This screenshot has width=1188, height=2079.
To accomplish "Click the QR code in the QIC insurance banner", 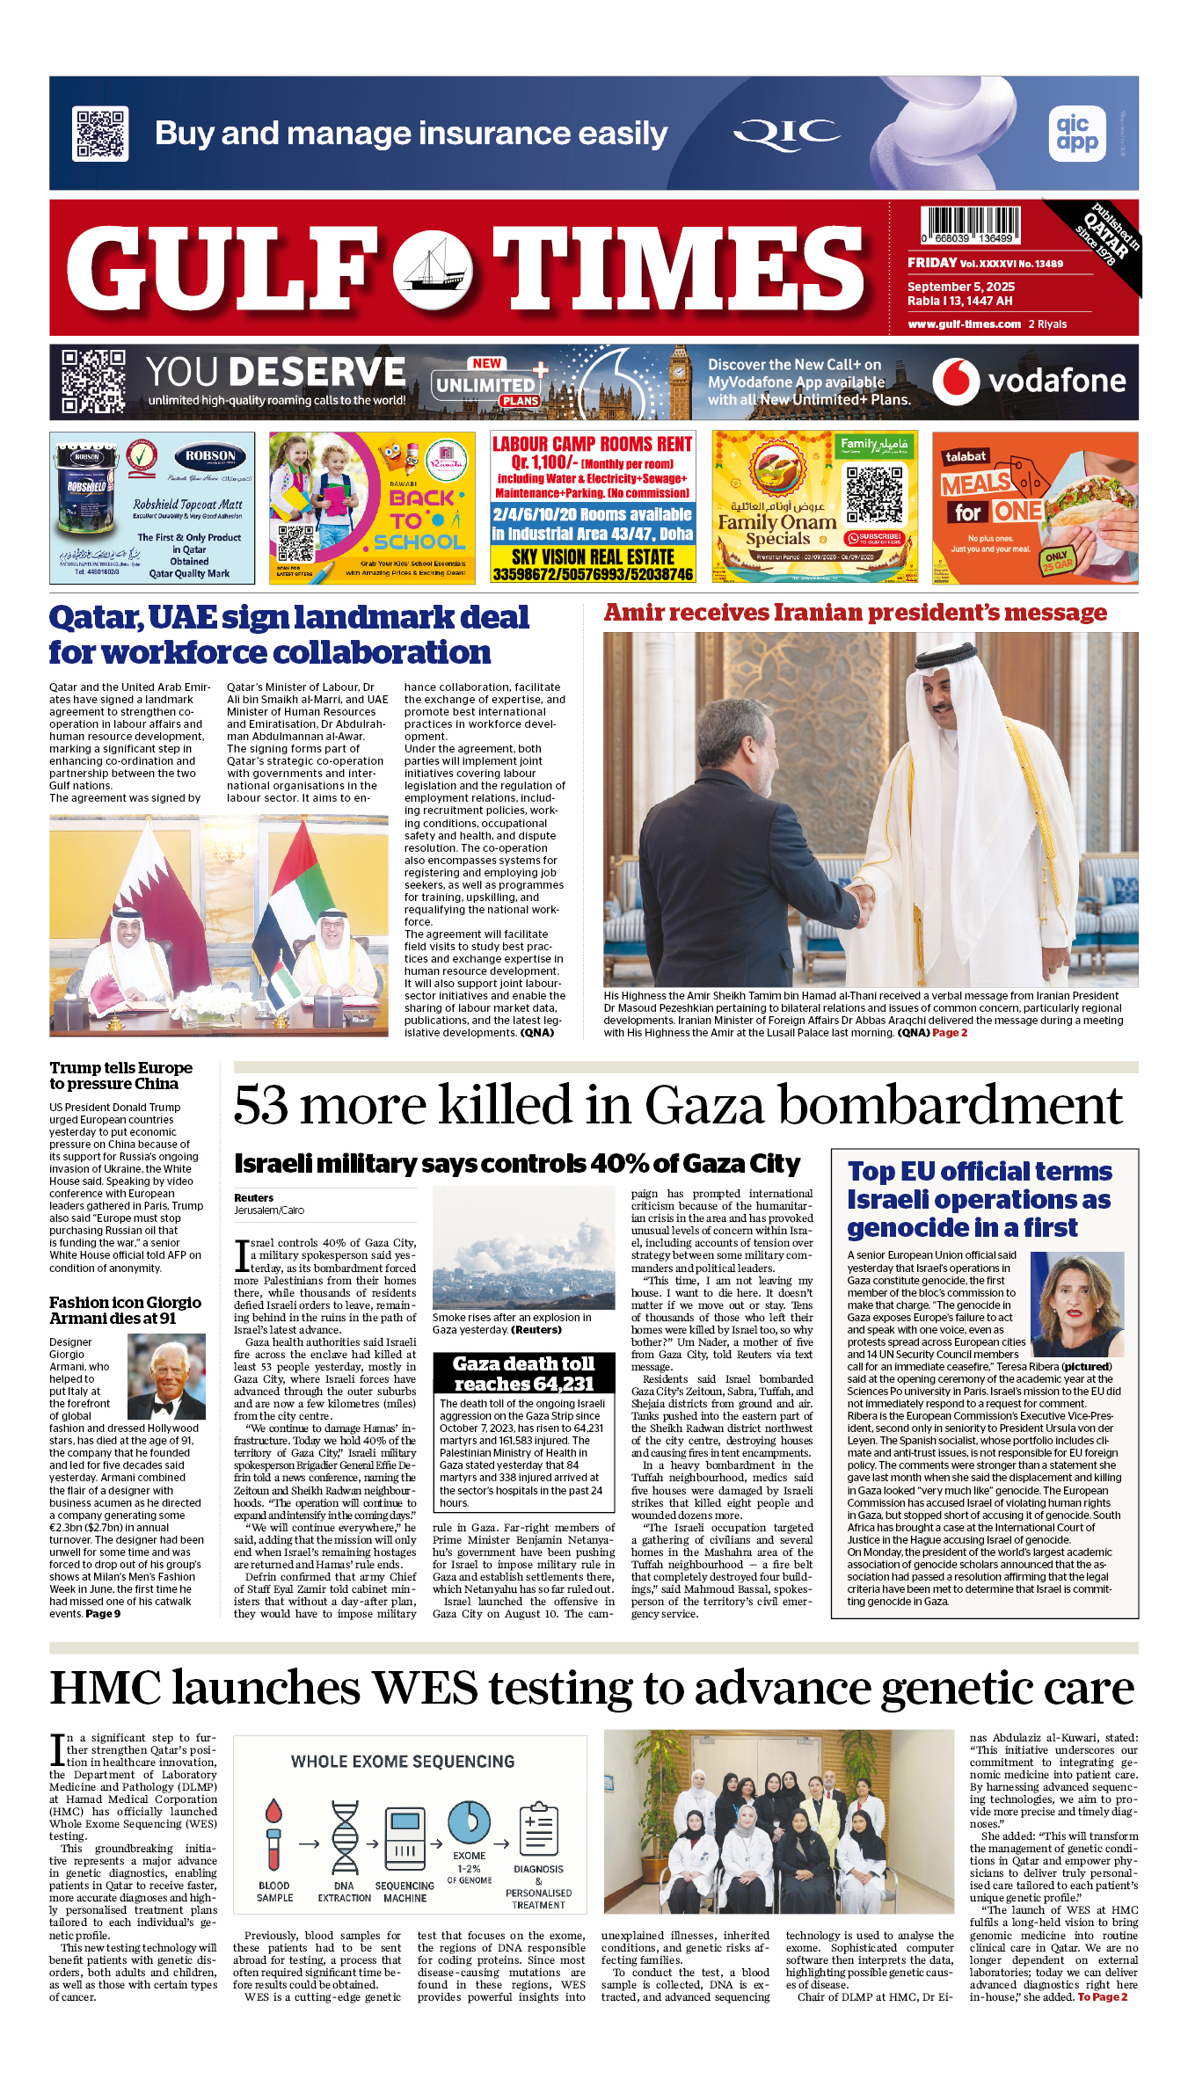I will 100,134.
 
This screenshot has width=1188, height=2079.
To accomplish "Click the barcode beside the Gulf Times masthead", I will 971,225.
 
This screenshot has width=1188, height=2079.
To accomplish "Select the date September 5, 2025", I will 961,287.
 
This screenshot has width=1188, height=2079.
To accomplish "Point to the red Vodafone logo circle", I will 956,382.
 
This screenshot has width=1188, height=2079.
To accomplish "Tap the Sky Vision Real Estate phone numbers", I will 593,574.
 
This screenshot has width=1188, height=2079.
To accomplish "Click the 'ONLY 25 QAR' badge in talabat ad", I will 1056,561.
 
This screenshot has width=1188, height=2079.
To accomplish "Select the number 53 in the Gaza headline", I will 260,1105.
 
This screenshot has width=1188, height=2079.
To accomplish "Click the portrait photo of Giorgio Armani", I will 166,1377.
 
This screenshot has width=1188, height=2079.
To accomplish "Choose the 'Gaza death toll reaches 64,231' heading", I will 523,1373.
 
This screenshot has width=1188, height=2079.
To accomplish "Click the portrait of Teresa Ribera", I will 1077,1305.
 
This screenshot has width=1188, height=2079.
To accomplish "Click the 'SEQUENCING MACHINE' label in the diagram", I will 405,1892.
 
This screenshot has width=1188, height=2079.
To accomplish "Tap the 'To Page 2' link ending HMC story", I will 1102,1997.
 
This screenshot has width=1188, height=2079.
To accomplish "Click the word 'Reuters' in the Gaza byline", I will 253,1198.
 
